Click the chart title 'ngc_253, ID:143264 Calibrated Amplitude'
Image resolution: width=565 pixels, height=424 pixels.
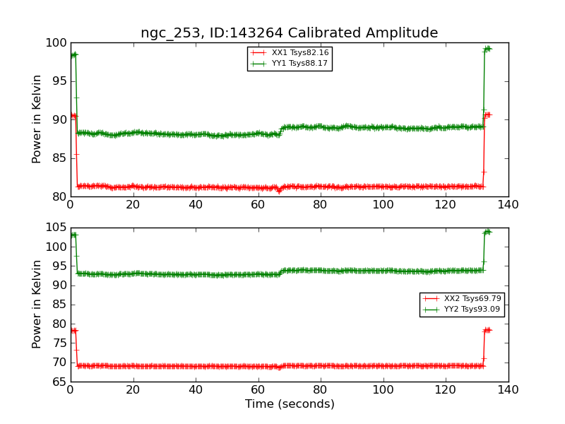pyautogui.click(x=289, y=33)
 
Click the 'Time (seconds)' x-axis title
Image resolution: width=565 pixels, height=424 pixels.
pyautogui.click(x=290, y=404)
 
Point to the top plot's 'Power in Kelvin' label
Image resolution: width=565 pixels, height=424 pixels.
pyautogui.click(x=37, y=119)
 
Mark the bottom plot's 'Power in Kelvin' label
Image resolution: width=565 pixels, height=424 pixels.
pyautogui.click(x=37, y=304)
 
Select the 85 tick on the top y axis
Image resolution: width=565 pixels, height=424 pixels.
pyautogui.click(x=59, y=158)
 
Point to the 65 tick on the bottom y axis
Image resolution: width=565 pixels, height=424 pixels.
pyautogui.click(x=59, y=382)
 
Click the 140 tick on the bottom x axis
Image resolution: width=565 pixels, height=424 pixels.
pyautogui.click(x=508, y=389)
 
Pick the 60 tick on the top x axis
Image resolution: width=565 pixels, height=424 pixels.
pyautogui.click(x=258, y=204)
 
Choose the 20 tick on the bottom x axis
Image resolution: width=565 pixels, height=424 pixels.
pyautogui.click(x=133, y=389)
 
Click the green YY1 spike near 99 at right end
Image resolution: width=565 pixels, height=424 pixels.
pyautogui.click(x=487, y=49)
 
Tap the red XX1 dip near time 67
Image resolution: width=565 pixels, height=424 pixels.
pyautogui.click(x=279, y=191)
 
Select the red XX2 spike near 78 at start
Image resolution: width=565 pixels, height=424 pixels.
pyautogui.click(x=73, y=330)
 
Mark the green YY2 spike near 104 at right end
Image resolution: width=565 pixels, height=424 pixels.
pyautogui.click(x=487, y=232)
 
